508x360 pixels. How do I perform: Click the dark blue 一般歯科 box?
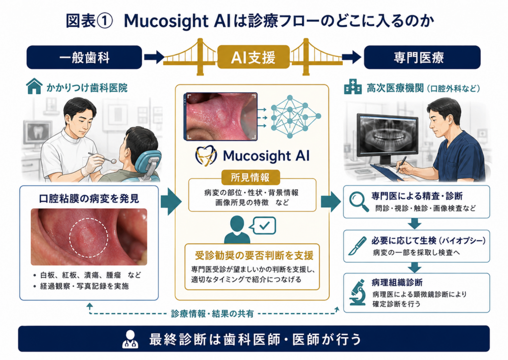tap(84, 58)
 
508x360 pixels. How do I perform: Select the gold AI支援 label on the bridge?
tap(254, 57)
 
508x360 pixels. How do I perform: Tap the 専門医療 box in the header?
tap(422, 58)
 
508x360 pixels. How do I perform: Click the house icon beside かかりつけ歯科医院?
tap(34, 86)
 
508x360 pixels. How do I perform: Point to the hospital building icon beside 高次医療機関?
tap(353, 86)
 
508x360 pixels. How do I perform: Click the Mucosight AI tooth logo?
tap(206, 155)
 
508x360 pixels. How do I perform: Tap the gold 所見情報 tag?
tap(251, 177)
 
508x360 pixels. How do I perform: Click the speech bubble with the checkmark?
tap(264, 225)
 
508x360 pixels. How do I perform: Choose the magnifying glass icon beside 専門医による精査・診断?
tap(359, 202)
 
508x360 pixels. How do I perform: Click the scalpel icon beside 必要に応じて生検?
tap(358, 246)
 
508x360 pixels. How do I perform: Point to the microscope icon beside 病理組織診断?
tap(358, 292)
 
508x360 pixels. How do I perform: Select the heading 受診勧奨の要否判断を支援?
tap(254, 256)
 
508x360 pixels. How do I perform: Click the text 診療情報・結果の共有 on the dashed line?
tap(212, 314)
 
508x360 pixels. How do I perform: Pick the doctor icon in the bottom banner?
tap(130, 339)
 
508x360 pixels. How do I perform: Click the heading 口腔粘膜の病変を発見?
tap(89, 199)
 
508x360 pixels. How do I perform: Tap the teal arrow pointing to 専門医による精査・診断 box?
tap(331, 202)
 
